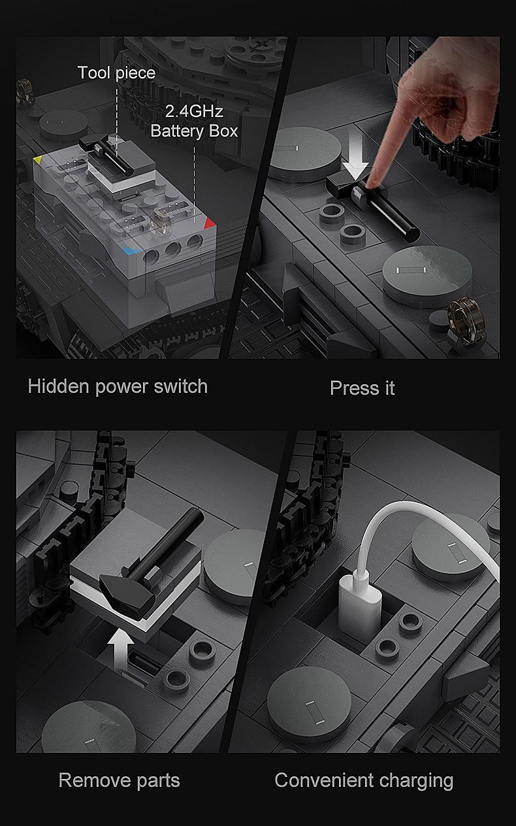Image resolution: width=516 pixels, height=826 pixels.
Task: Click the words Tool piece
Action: click(116, 73)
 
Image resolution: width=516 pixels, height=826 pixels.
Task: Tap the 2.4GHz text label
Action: click(194, 111)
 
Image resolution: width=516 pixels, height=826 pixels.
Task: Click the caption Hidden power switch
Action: click(118, 387)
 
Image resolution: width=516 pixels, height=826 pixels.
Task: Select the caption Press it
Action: click(363, 388)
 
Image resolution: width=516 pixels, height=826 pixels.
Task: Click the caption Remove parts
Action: click(119, 781)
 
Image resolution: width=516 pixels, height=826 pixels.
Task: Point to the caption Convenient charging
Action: click(364, 781)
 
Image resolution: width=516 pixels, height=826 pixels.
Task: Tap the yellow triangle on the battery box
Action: click(37, 160)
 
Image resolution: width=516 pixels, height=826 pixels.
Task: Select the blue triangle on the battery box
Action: click(131, 251)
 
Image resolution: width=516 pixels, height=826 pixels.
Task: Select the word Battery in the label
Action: click(178, 131)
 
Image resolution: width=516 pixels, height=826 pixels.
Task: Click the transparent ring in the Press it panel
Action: click(466, 320)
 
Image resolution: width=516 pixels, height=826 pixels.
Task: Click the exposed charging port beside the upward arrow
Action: click(140, 659)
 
